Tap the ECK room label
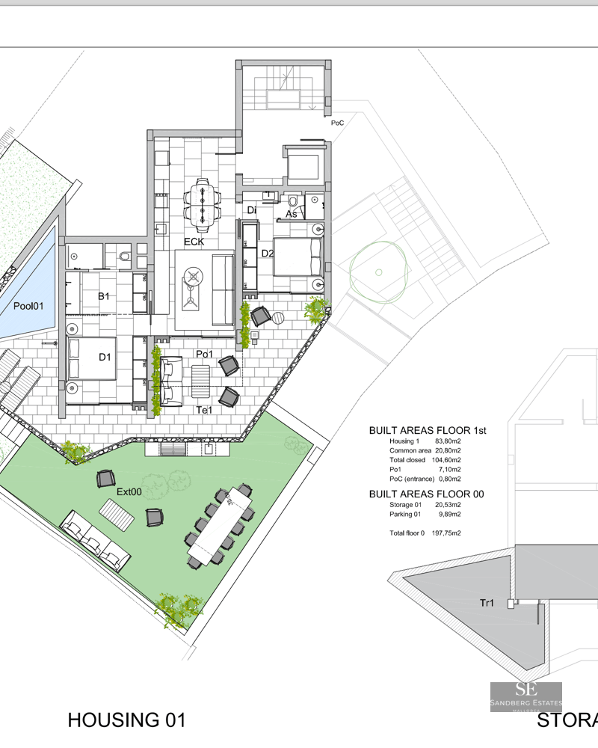pyautogui.click(x=194, y=242)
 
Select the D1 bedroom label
pyautogui.click(x=105, y=358)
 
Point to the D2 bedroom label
pyautogui.click(x=268, y=254)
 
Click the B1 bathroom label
pyautogui.click(x=104, y=297)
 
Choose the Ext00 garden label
pyautogui.click(x=129, y=491)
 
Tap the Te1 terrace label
pyautogui.click(x=205, y=410)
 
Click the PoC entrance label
pyautogui.click(x=337, y=123)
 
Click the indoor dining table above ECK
pyautogui.click(x=203, y=202)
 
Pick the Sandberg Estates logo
pyautogui.click(x=525, y=696)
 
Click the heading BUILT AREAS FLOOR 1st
pyautogui.click(x=428, y=431)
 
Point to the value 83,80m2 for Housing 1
pyautogui.click(x=448, y=441)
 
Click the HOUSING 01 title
pyautogui.click(x=126, y=720)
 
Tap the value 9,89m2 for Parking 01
pyautogui.click(x=448, y=514)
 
